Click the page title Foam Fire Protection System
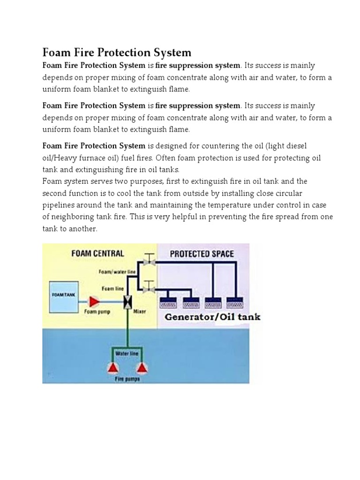pyautogui.click(x=117, y=52)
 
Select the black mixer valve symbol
pyautogui.click(x=127, y=302)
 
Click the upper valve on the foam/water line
pyautogui.click(x=150, y=259)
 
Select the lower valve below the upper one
pyautogui.click(x=149, y=285)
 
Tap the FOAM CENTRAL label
pyautogui.click(x=97, y=254)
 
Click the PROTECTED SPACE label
pyautogui.click(x=202, y=254)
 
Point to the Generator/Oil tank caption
pyautogui.click(x=212, y=317)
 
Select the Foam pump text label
pyautogui.click(x=97, y=311)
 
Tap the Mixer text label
pyautogui.click(x=139, y=311)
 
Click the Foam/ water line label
pyautogui.click(x=117, y=271)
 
